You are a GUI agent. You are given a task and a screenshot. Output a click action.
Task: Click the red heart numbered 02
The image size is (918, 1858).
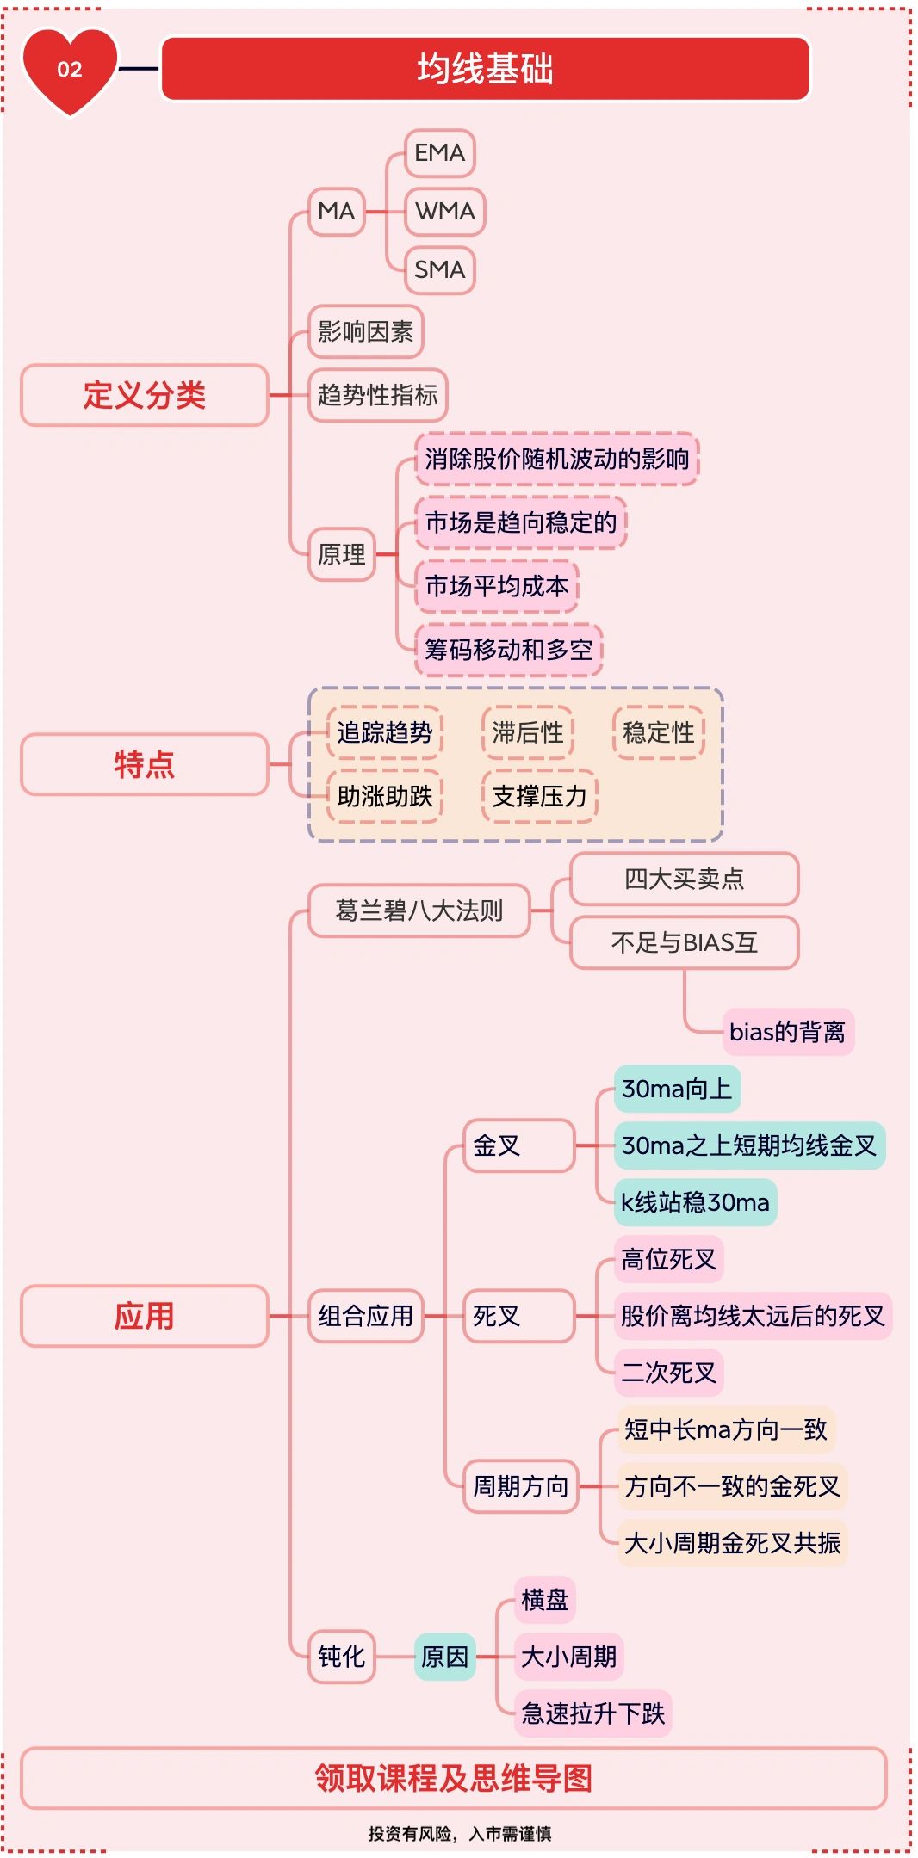click(x=70, y=71)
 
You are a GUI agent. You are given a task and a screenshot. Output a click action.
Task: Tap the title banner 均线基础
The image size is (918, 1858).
click(x=485, y=69)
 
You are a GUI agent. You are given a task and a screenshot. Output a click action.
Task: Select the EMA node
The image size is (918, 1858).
click(x=439, y=153)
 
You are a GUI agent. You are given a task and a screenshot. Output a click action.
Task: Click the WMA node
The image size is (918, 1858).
click(x=444, y=211)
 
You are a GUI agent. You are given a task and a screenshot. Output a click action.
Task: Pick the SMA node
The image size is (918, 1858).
click(x=439, y=269)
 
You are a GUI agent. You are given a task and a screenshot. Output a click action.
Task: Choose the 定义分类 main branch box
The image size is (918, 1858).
click(x=145, y=395)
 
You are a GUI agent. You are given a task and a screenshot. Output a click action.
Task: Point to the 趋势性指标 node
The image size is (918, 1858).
click(x=377, y=395)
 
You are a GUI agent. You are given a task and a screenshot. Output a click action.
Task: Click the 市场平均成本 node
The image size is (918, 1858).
click(x=497, y=586)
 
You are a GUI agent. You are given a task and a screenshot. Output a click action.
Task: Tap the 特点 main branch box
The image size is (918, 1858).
click(x=145, y=764)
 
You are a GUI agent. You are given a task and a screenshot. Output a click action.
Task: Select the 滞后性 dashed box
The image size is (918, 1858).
click(x=528, y=732)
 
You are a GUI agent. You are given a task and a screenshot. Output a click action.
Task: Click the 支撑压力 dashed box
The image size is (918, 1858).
click(x=539, y=796)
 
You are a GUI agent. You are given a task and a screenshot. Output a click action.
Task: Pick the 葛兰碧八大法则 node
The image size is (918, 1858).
click(x=419, y=910)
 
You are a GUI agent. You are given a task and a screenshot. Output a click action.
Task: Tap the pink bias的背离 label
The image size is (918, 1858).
click(x=788, y=1032)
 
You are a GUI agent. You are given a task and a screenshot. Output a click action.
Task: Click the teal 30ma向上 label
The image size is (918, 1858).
click(x=677, y=1089)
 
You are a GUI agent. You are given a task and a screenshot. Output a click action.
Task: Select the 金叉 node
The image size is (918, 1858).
click(x=518, y=1145)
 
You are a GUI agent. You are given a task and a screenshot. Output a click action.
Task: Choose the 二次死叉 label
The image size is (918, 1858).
click(x=669, y=1373)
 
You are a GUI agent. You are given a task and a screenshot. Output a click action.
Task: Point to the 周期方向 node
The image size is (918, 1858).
click(x=520, y=1486)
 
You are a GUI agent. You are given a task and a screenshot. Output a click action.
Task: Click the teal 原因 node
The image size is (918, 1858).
click(x=444, y=1657)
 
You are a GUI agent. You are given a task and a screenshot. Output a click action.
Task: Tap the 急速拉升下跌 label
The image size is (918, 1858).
click(x=592, y=1713)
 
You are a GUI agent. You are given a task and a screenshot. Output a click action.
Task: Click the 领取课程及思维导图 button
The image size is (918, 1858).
click(x=454, y=1778)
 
